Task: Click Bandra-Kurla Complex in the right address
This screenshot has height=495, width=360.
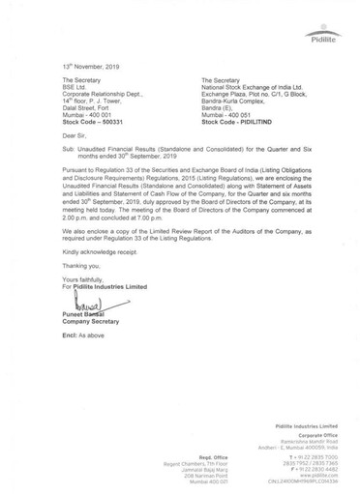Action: point(219,98)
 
